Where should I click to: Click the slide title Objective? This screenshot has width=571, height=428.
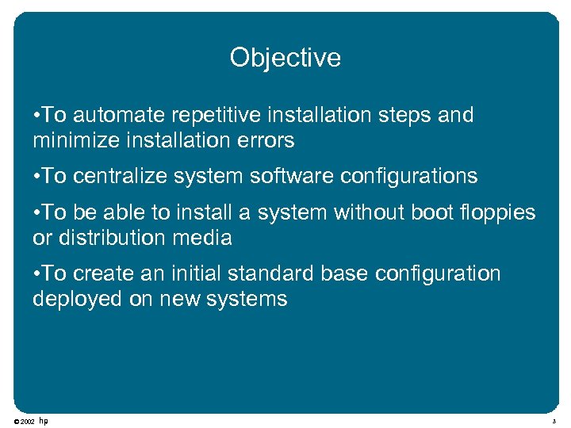tap(285, 58)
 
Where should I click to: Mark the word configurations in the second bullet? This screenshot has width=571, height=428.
tap(408, 175)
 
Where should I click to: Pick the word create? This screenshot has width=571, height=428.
tap(103, 273)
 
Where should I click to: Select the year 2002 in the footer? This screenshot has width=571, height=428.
tap(27, 422)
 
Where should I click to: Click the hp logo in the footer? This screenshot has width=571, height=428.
tap(44, 421)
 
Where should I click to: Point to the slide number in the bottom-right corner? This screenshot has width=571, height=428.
tap(555, 422)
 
